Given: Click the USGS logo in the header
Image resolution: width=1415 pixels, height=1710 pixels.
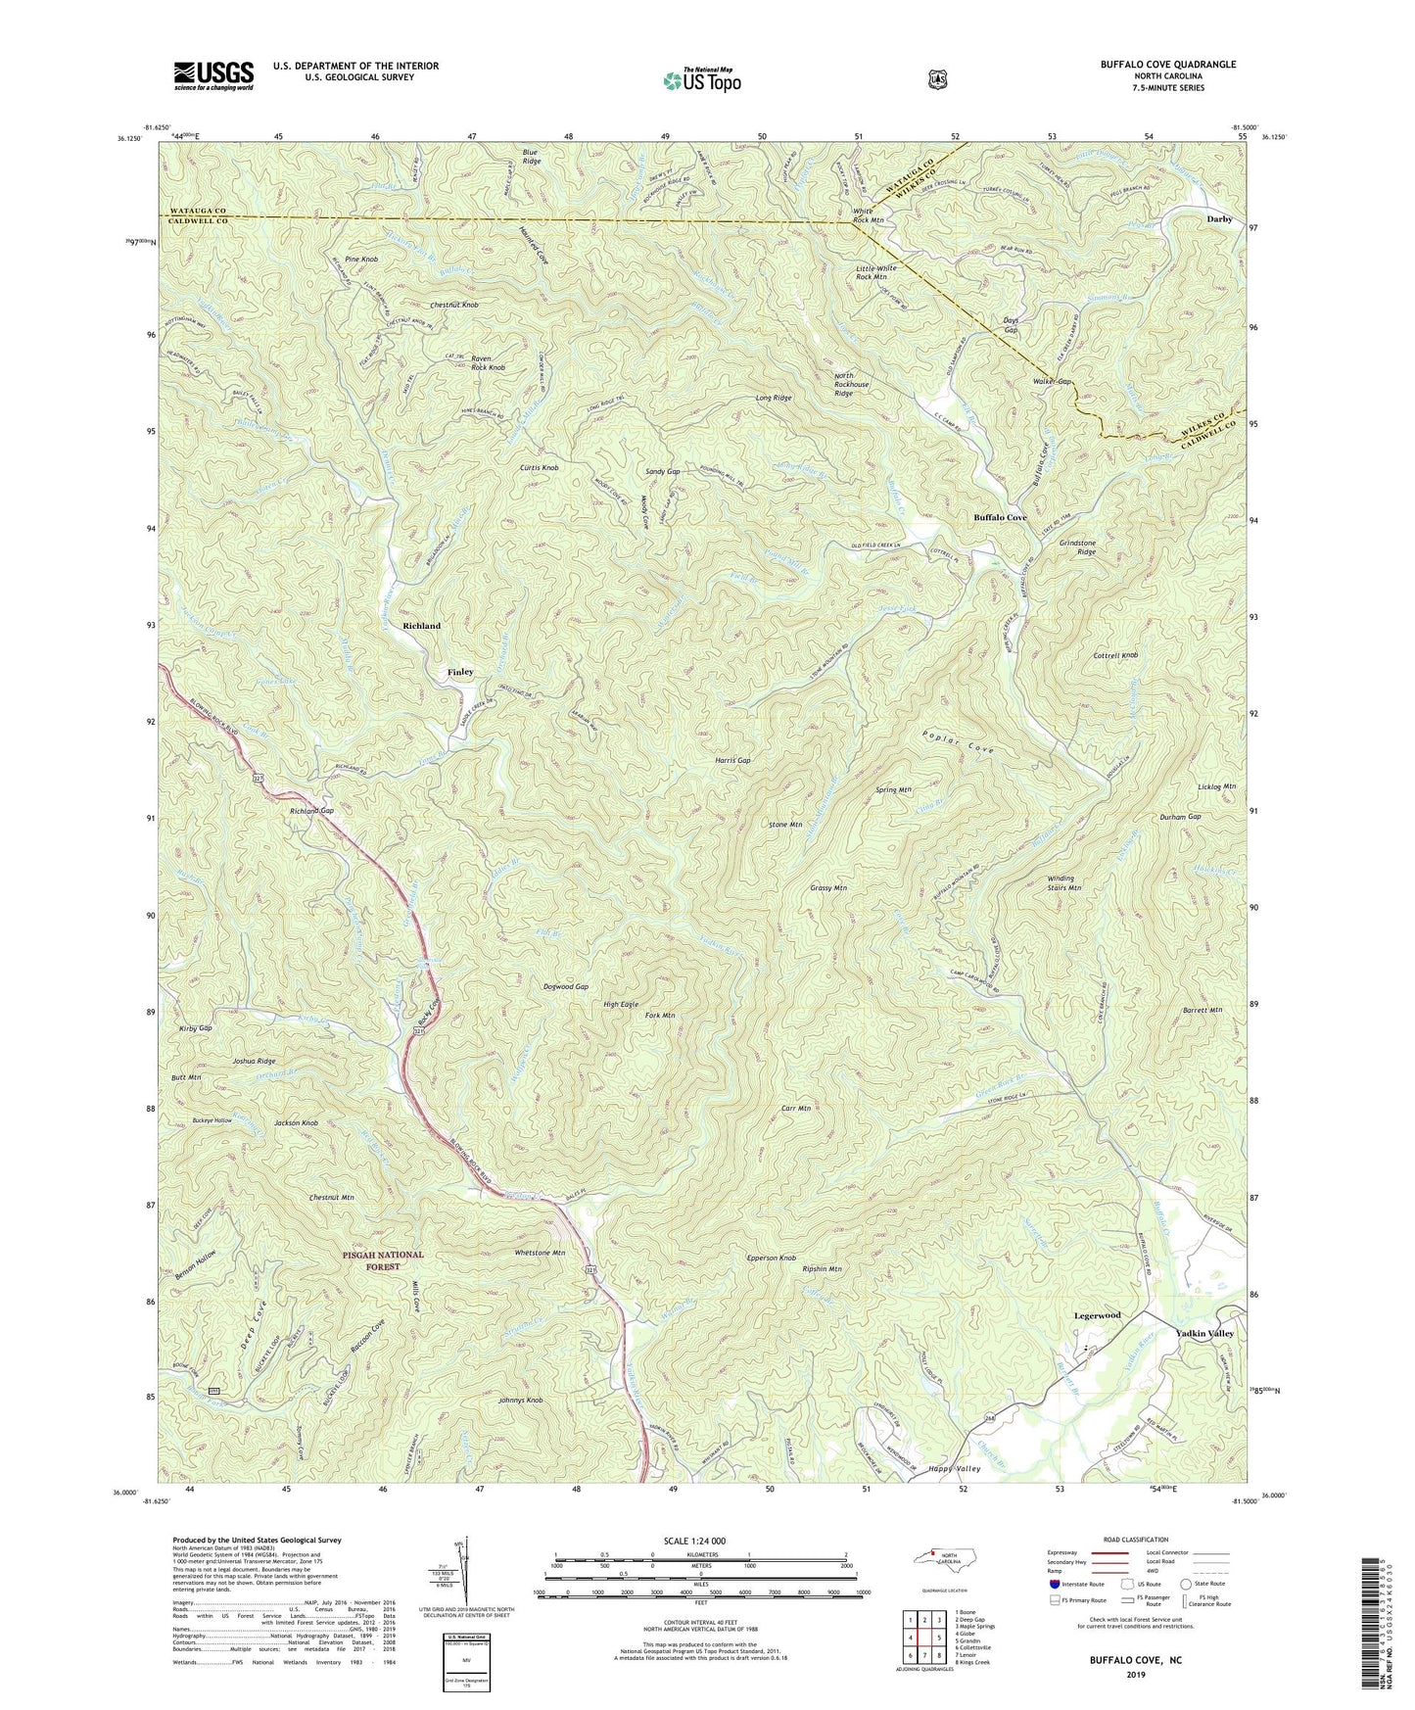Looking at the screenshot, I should click(213, 75).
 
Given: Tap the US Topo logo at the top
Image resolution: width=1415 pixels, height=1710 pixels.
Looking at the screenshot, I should click(701, 79).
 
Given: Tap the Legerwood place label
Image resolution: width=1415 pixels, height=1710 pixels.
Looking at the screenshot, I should click(1097, 1315).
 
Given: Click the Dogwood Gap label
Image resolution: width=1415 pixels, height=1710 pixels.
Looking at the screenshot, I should click(566, 987).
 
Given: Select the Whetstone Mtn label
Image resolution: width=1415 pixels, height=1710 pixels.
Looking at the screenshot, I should click(540, 1253).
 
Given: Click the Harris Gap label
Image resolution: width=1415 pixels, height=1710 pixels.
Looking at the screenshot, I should click(732, 760).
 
